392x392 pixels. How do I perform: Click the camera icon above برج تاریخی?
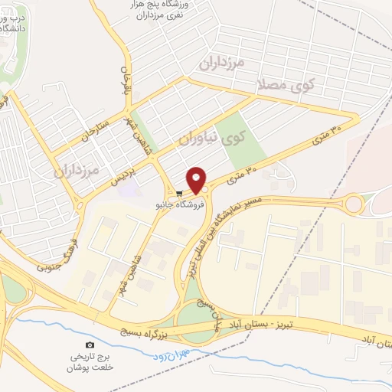(x=91, y=345)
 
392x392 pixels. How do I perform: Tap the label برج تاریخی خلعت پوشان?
(x=92, y=361)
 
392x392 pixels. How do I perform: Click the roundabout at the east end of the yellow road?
(x=354, y=204)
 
